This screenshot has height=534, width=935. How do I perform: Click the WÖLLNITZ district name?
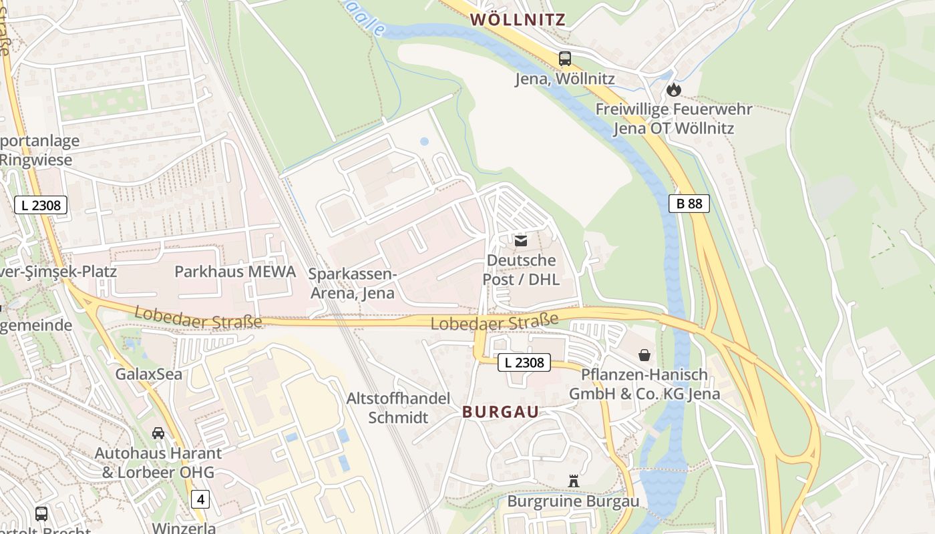click(x=518, y=20)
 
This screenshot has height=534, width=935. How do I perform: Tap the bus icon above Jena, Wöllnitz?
click(x=565, y=59)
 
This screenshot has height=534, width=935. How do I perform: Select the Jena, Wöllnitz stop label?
click(x=564, y=79)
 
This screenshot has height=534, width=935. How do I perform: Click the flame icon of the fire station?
click(x=674, y=89)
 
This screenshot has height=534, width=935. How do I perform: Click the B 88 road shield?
click(x=689, y=204)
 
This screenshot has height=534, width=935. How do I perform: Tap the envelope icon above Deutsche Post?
click(x=521, y=240)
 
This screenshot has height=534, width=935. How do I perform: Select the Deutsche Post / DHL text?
click(x=521, y=270)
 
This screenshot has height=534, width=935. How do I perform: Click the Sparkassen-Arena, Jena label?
click(x=353, y=284)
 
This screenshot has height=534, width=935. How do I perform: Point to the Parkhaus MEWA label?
click(x=235, y=272)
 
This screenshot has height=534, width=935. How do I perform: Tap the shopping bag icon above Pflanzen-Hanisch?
click(x=644, y=354)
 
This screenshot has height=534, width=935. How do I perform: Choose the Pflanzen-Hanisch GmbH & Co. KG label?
click(x=644, y=384)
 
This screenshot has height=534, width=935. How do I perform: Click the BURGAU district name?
click(x=500, y=412)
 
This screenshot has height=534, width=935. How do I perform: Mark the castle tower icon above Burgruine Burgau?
click(x=573, y=481)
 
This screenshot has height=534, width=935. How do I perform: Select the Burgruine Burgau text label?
click(x=573, y=501)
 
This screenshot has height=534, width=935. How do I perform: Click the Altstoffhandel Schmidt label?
click(x=398, y=408)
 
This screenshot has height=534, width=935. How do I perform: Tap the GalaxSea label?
click(x=149, y=374)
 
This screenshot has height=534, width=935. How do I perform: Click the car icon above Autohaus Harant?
click(x=158, y=433)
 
